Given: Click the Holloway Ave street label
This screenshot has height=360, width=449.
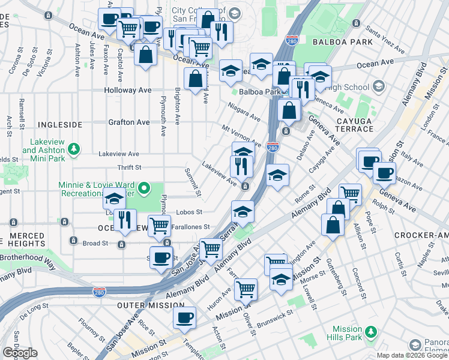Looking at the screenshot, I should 128,90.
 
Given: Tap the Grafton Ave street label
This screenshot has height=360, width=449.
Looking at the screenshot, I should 129,122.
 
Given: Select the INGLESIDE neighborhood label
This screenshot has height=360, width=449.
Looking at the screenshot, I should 59,124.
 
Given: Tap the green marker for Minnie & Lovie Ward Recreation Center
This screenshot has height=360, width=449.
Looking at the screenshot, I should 143,190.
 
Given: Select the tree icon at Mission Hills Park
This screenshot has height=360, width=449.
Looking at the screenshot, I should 372,331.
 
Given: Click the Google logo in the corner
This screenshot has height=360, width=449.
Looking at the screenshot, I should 20,353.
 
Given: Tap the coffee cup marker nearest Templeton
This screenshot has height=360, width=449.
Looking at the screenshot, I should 185,316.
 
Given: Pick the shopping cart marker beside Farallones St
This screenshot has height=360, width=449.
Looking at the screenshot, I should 159,226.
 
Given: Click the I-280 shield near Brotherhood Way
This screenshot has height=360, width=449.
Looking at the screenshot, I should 100,292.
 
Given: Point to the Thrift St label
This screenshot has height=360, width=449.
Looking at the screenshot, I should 129,168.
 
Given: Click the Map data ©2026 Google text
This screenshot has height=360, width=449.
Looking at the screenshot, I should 412,355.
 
